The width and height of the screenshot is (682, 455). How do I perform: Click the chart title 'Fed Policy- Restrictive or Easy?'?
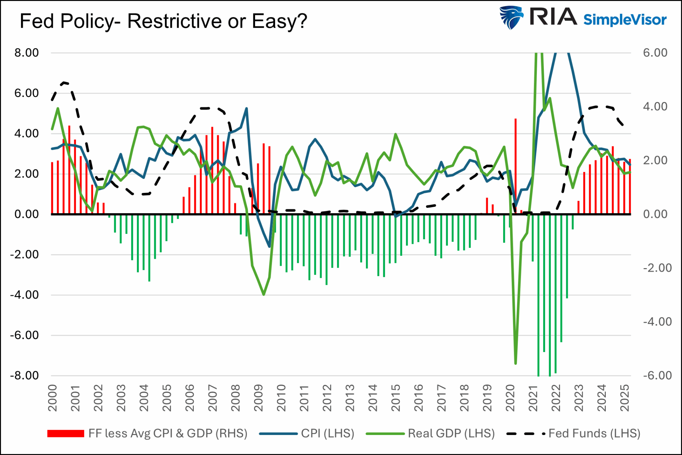point(163,21)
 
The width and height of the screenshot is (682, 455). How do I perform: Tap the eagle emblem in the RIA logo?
point(511,17)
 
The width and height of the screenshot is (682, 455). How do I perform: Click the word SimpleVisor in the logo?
point(625,20)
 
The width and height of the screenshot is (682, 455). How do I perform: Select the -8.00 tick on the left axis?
point(24,375)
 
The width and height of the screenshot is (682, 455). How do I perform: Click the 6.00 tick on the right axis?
point(655,53)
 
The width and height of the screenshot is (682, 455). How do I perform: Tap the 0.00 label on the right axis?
point(655,214)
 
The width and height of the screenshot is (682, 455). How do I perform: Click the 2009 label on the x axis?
point(258,398)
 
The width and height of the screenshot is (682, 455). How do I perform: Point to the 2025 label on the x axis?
point(625,398)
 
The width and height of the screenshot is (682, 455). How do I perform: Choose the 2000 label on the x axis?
point(53,398)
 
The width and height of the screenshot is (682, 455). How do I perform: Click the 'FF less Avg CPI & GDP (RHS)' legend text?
point(168,433)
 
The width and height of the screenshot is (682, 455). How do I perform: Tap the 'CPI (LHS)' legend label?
point(328,433)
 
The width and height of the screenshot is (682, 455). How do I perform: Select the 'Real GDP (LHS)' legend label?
point(451,433)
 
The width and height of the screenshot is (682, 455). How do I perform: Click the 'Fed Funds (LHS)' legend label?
point(594,433)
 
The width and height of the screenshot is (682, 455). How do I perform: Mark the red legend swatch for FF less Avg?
point(66,433)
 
